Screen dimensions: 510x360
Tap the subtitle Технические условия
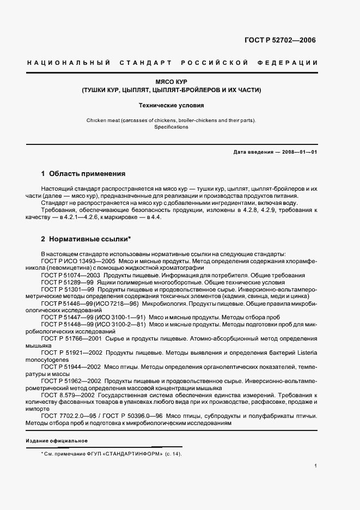pyautogui.click(x=171, y=106)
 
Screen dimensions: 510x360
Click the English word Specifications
pyautogui.click(x=171, y=127)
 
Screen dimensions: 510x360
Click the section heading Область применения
pyautogui.click(x=87, y=174)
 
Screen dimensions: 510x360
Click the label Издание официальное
pyautogui.click(x=57, y=440)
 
